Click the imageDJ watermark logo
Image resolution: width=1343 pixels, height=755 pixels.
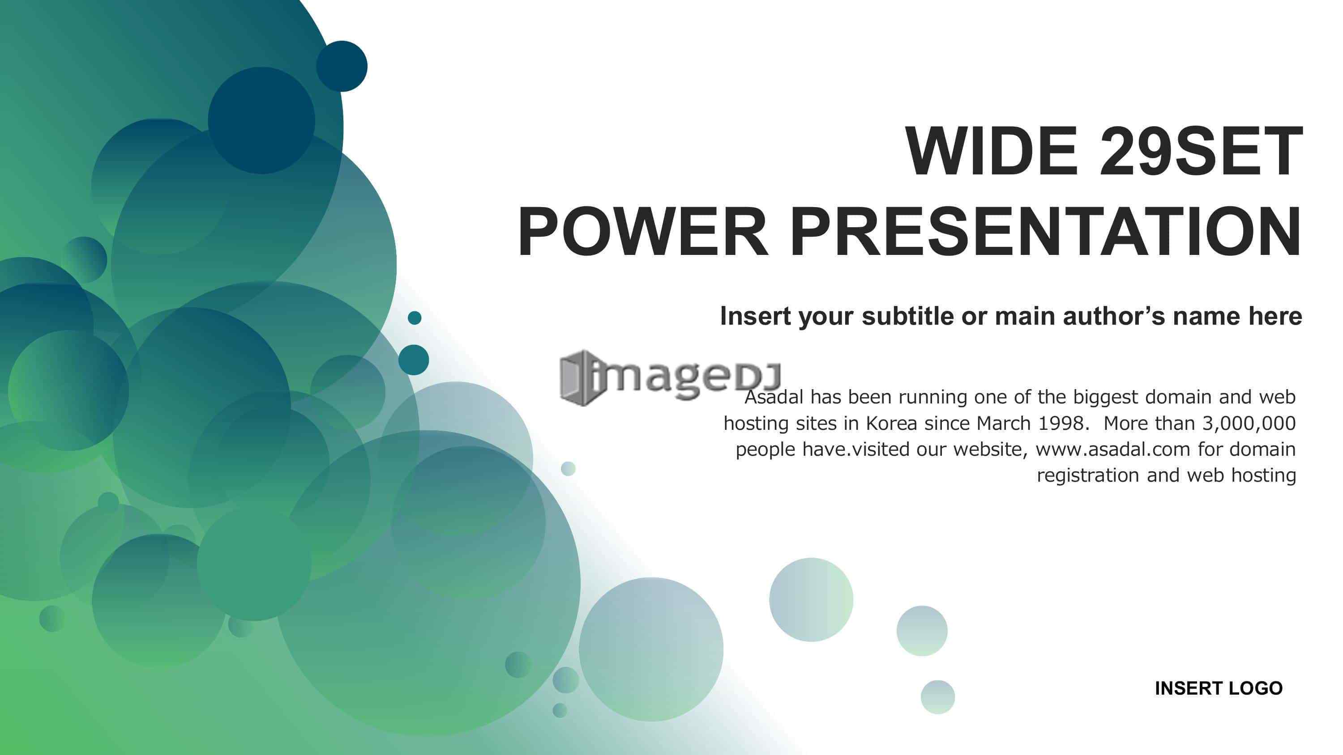(x=671, y=378)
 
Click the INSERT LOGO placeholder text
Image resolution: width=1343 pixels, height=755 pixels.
(x=1219, y=688)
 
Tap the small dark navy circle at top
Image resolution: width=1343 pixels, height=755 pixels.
(x=342, y=66)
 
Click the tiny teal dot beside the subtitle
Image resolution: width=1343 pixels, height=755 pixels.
(x=415, y=318)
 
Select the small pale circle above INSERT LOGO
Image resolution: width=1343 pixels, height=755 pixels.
(x=922, y=631)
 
